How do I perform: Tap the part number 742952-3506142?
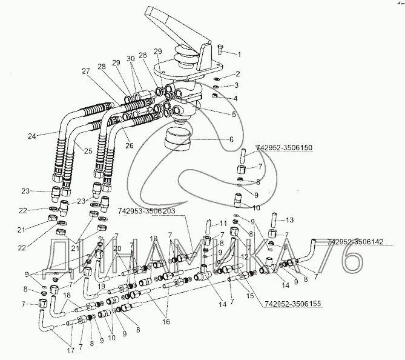355,242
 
